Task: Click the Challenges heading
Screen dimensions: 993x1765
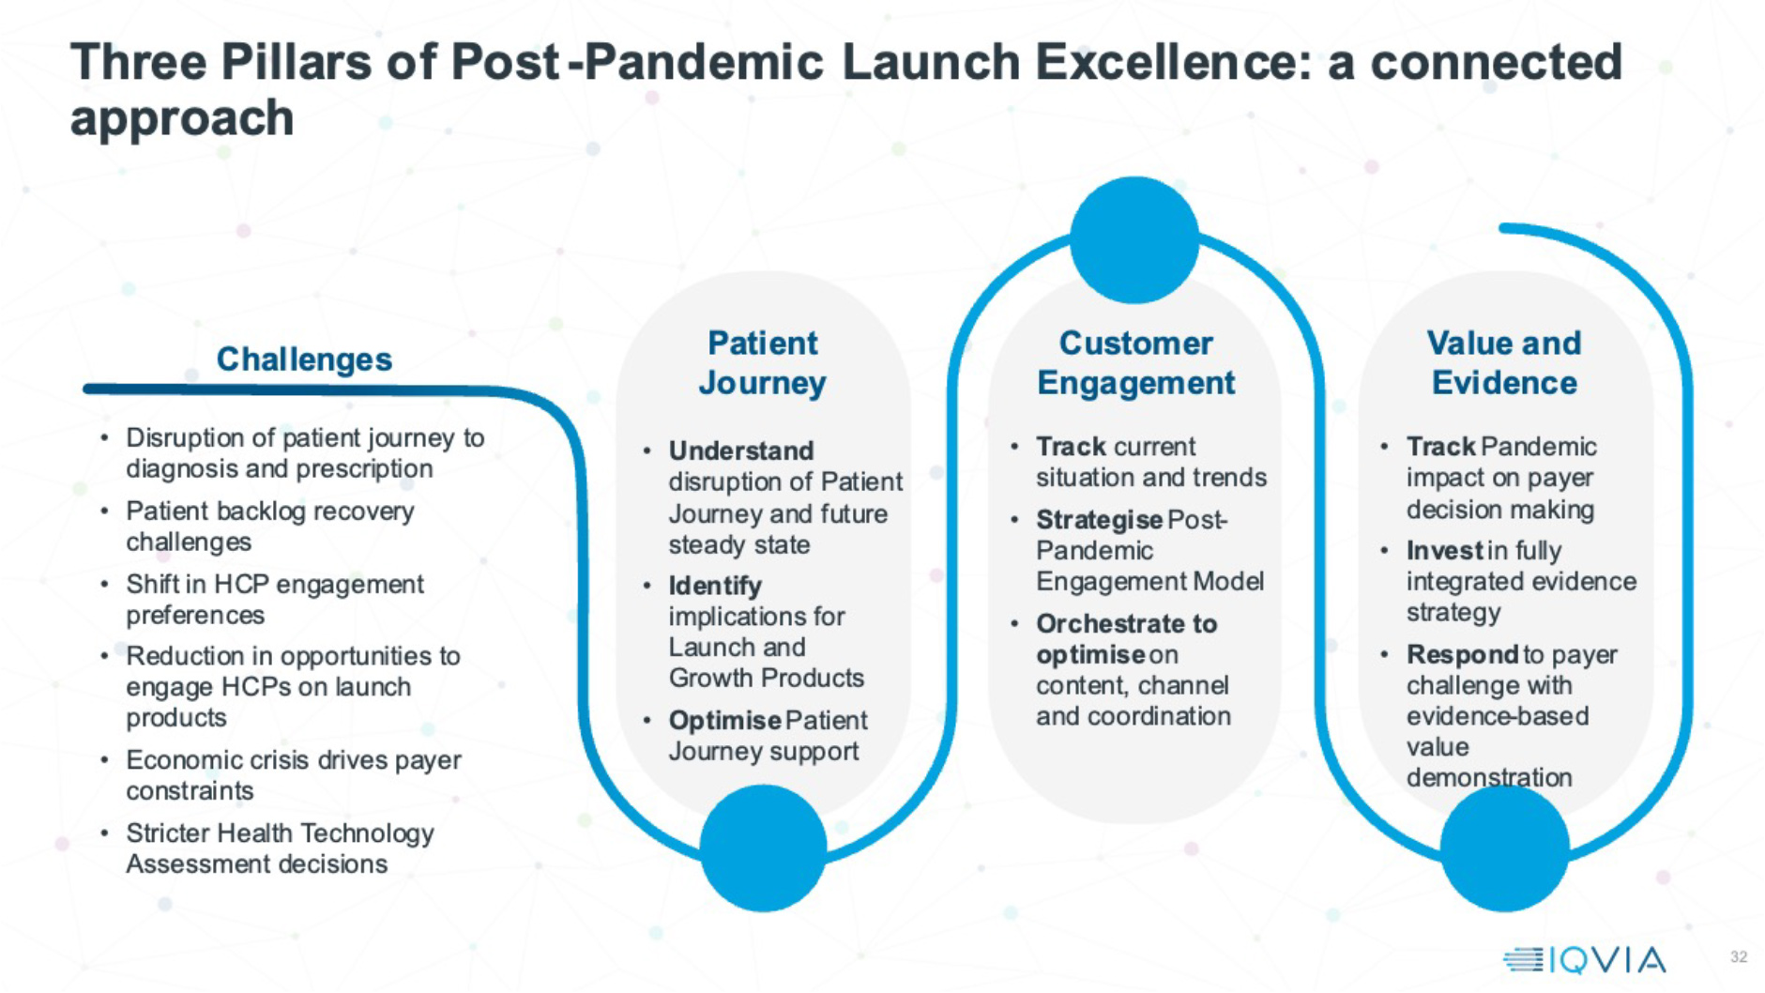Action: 304,359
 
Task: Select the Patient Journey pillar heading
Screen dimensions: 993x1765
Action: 762,363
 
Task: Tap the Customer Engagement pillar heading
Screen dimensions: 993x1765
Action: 1135,363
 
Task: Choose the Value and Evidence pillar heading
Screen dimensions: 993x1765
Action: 1504,363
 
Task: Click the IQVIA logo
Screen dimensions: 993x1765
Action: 1584,959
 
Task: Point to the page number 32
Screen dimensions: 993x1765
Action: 1739,957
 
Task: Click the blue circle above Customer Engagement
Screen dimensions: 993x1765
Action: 1134,240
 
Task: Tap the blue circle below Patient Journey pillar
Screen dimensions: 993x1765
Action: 763,848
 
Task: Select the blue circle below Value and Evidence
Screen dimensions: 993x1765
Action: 1504,848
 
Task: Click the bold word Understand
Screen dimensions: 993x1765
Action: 740,451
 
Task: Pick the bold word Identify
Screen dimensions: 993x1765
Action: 715,586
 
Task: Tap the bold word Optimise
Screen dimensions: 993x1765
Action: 724,721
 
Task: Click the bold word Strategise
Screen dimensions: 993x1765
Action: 1099,520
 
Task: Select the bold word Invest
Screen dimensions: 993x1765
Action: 1444,551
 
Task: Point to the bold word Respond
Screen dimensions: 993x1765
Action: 1461,654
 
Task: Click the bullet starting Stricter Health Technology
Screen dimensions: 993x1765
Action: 280,848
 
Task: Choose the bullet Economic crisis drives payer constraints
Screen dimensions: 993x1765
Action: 293,775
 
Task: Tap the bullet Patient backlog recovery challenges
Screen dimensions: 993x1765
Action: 269,527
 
